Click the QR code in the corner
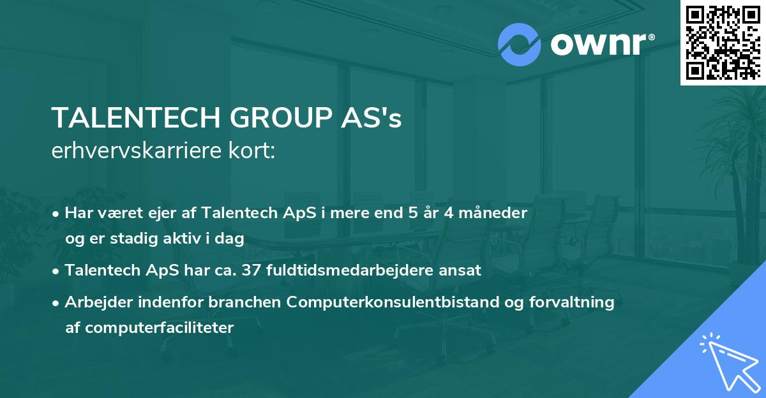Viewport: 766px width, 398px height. [723, 43]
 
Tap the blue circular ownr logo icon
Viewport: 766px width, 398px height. [520, 44]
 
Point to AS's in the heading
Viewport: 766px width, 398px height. [373, 119]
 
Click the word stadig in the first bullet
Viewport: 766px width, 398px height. [126, 238]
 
